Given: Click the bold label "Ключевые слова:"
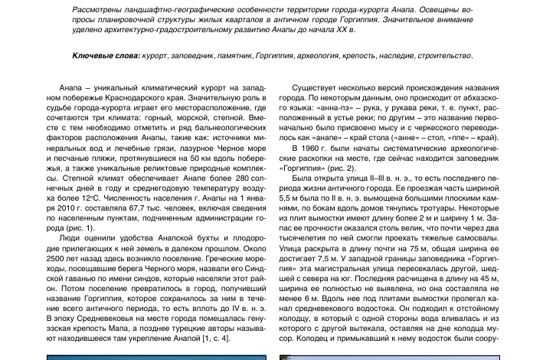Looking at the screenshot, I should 106,56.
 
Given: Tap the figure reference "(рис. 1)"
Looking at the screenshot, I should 79,227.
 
